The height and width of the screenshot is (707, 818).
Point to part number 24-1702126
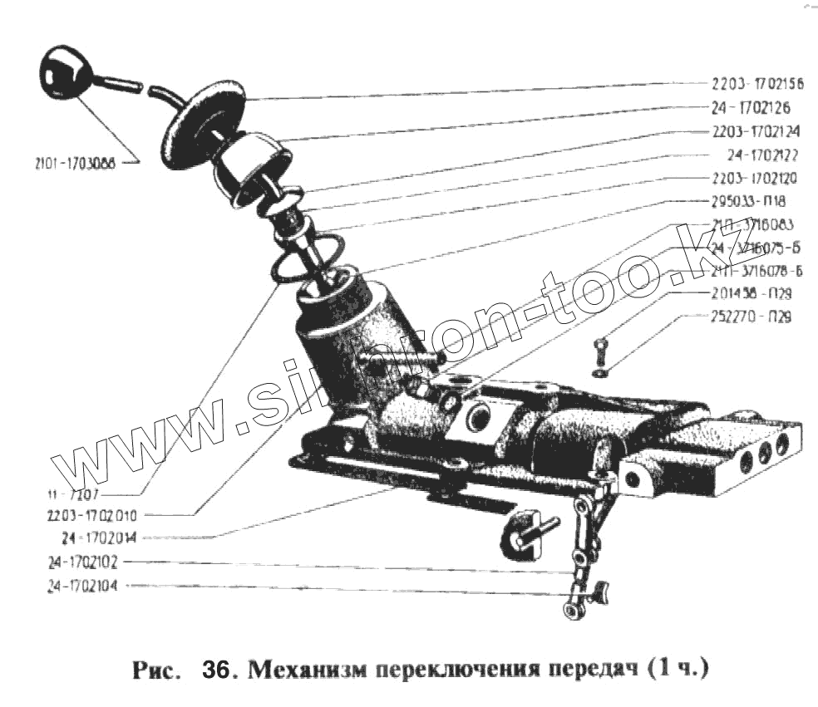click(x=751, y=108)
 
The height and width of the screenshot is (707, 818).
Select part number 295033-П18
click(x=745, y=201)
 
